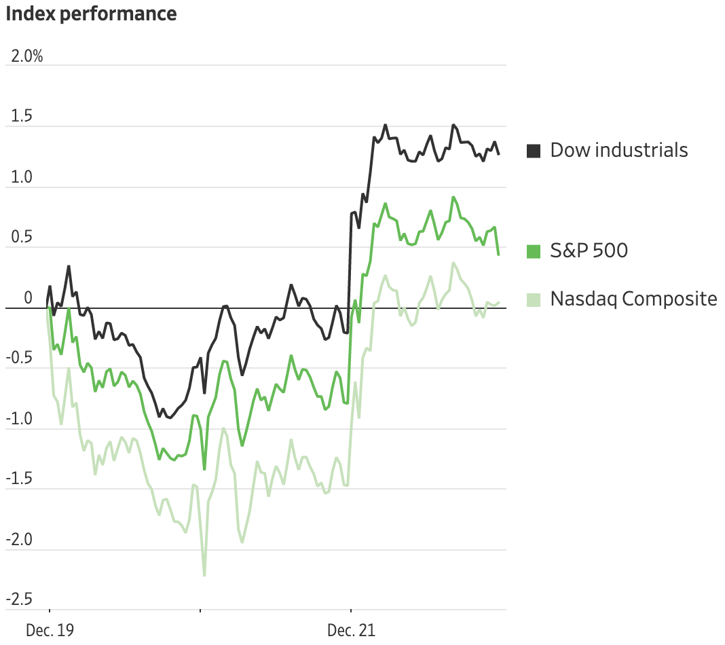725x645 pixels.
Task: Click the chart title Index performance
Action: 91,14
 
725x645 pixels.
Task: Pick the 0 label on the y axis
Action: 28,298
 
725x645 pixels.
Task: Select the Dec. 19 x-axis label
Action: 50,631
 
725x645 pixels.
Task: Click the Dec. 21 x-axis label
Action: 351,631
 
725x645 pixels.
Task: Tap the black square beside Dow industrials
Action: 534,151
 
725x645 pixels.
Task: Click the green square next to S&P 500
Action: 534,251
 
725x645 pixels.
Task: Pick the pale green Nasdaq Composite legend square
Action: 534,299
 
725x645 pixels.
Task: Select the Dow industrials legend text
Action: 619,150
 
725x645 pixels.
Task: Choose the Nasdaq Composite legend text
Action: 633,299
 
